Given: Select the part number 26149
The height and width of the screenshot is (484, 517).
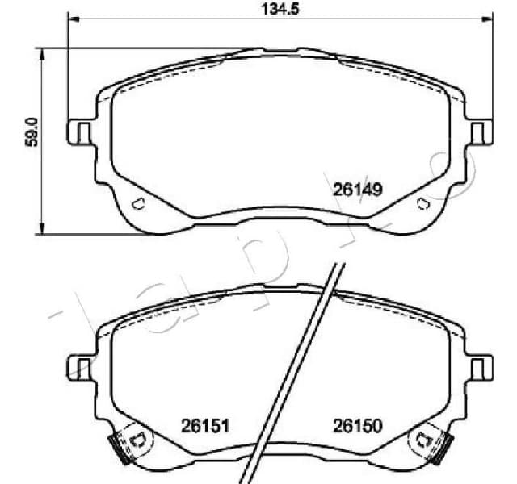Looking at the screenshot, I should pos(356,190).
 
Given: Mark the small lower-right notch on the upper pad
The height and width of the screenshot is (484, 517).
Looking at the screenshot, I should pos(422,203).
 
